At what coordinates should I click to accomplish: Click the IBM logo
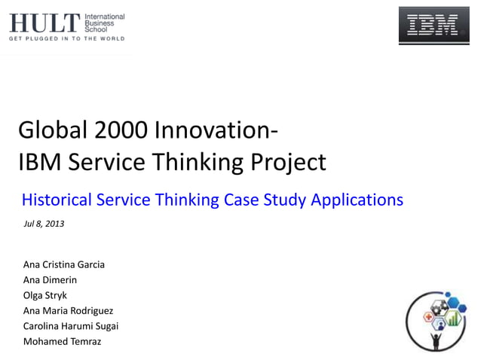click(434, 26)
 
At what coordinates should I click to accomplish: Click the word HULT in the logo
click(44, 23)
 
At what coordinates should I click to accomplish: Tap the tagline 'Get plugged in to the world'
click(66, 38)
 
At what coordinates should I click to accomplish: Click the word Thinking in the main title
click(198, 162)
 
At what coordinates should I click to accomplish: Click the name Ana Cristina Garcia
click(64, 264)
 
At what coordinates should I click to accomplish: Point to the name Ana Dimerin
click(50, 279)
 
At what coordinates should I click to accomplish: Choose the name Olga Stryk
click(45, 294)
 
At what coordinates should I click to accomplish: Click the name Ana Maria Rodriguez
click(69, 310)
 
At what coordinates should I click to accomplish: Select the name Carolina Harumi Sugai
click(71, 325)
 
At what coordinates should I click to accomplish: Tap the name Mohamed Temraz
click(62, 341)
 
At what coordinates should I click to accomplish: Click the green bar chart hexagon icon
click(453, 319)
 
